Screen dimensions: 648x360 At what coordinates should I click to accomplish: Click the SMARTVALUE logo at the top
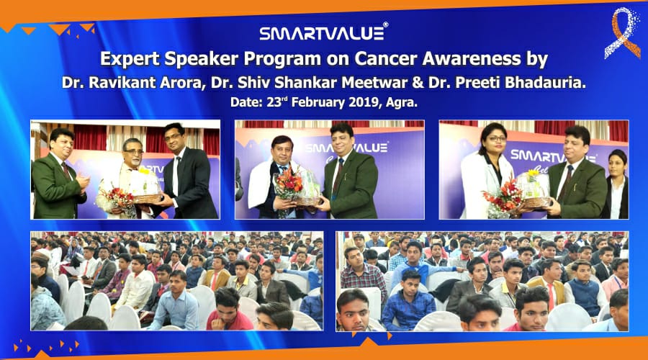coord(324,32)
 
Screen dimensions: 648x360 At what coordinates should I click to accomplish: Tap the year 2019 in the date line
coord(364,102)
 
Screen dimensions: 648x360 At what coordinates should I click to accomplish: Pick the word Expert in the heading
coord(129,60)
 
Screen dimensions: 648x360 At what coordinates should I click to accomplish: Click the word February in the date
coord(318,102)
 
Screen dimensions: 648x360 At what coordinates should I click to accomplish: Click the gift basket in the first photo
coord(145,188)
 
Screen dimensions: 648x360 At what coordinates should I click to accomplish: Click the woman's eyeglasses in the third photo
coord(496,139)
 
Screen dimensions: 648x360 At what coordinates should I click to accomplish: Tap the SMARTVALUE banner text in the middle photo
coord(347,148)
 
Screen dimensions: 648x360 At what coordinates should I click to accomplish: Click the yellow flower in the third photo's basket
coord(534,173)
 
